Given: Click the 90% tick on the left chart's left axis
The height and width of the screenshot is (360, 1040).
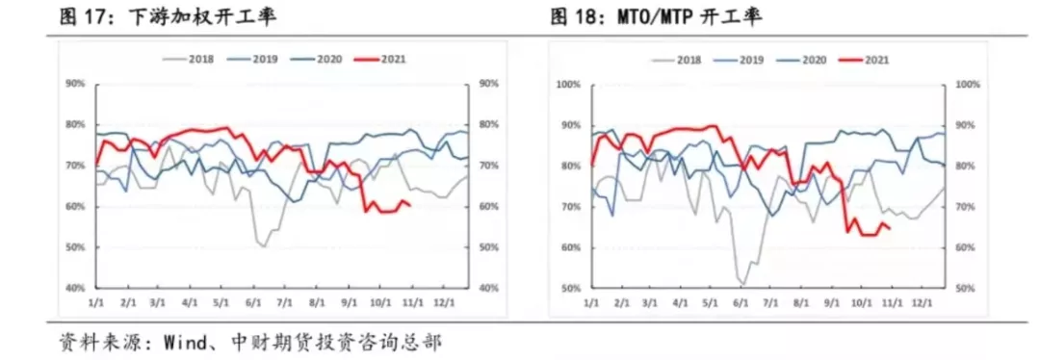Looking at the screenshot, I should point(75,84).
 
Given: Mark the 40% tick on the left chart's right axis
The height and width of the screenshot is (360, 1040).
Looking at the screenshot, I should point(488,289).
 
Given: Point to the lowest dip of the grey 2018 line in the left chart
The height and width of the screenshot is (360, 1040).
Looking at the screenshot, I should point(263,246).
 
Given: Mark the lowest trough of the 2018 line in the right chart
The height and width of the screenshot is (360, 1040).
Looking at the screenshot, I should point(742,284).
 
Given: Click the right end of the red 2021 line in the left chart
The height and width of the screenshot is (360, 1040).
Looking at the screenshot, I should point(411,205).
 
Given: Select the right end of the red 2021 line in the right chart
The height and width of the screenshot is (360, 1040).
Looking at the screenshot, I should point(888,228).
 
